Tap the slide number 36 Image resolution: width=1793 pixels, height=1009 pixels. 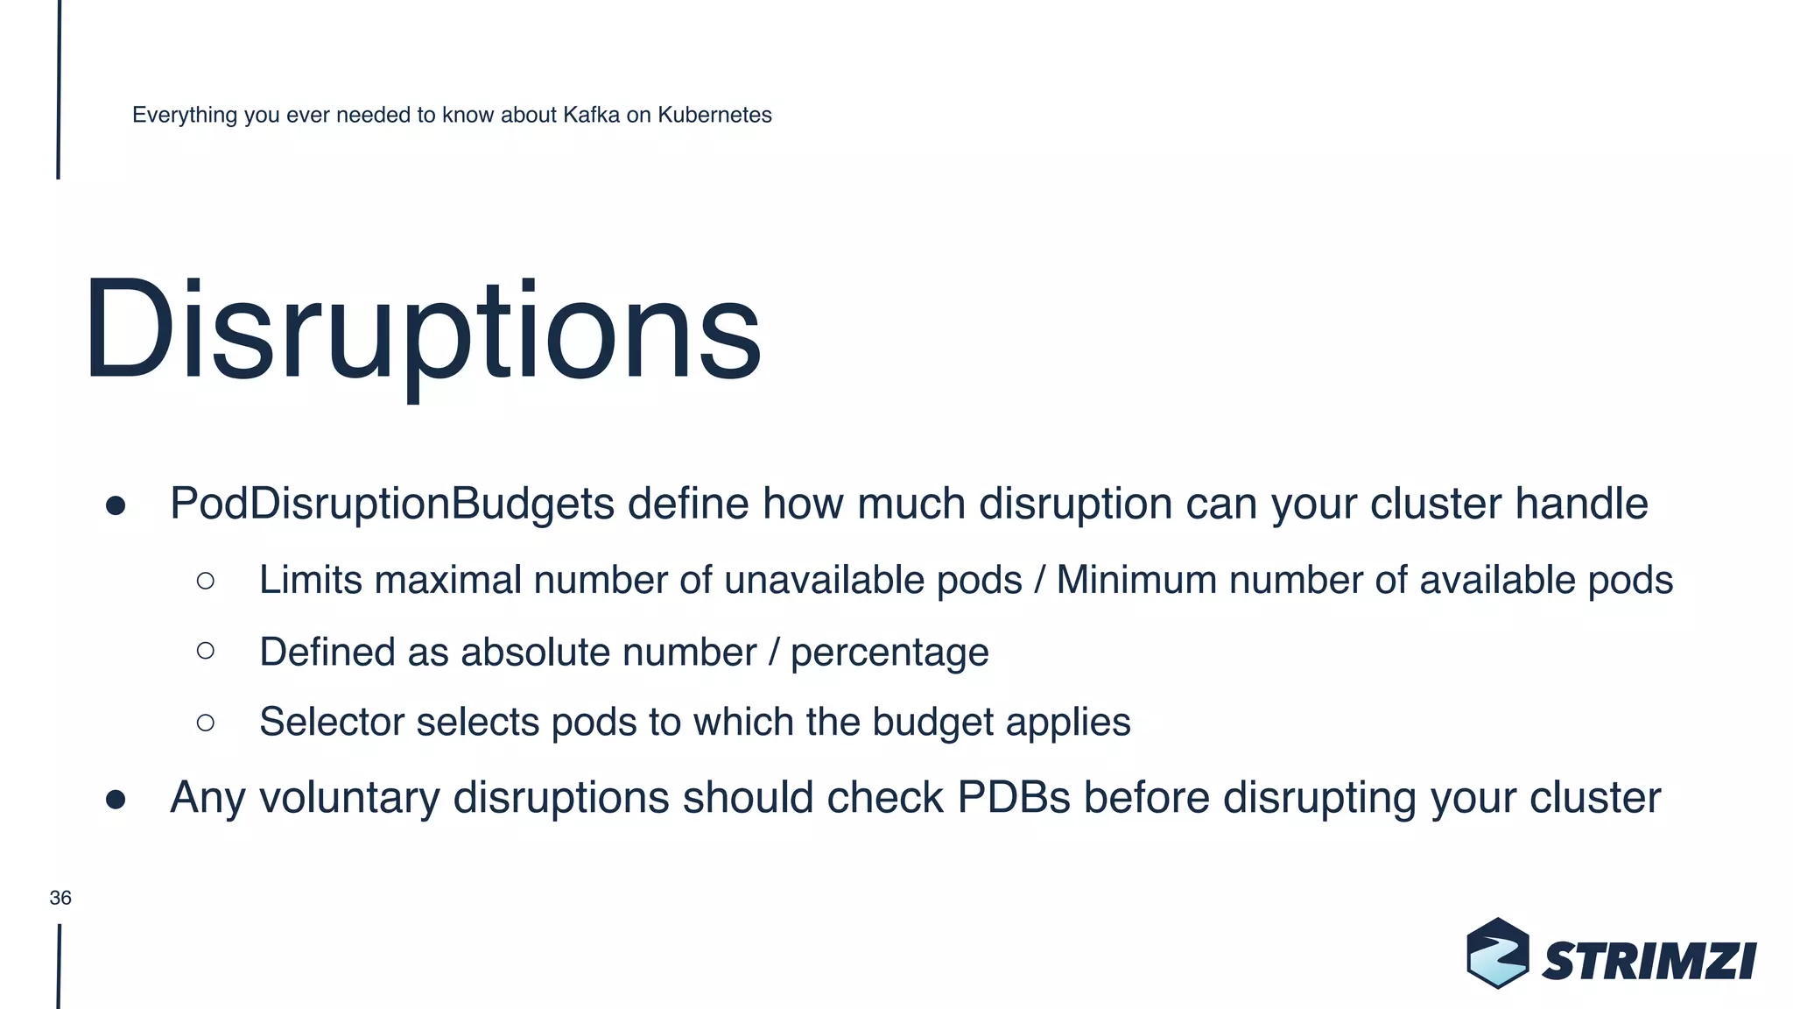click(x=60, y=898)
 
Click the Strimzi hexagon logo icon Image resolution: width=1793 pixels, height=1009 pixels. click(x=1497, y=953)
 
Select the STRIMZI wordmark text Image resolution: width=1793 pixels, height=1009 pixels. click(x=1649, y=962)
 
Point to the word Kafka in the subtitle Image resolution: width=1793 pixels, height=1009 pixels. click(x=591, y=115)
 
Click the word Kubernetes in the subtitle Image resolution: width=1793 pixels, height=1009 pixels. click(x=714, y=115)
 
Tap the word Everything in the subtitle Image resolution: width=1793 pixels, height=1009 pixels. click(x=185, y=115)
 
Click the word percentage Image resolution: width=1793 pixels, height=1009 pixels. click(x=889, y=653)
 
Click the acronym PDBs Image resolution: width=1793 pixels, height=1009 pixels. click(x=1014, y=797)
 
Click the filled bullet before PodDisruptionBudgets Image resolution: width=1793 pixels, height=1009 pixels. click(x=116, y=505)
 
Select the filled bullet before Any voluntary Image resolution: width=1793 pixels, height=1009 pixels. click(x=116, y=799)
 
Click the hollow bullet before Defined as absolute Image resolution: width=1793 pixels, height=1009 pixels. click(x=206, y=651)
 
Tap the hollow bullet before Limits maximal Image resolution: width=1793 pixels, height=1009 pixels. click(x=206, y=580)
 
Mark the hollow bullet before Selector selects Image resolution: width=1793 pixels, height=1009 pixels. click(x=206, y=723)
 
